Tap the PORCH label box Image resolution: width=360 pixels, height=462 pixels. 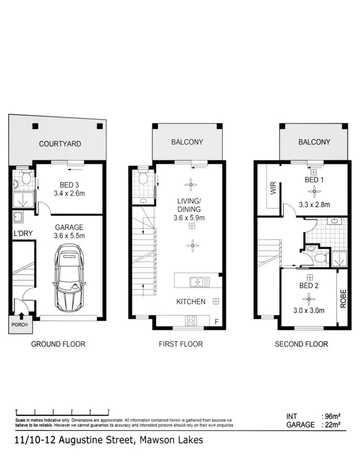tap(19, 325)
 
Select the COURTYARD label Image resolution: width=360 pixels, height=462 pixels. tap(60, 144)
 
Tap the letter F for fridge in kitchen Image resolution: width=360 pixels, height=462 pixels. tap(216, 322)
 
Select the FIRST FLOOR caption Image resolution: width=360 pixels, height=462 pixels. tap(180, 344)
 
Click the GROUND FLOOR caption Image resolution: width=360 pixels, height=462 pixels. tap(58, 344)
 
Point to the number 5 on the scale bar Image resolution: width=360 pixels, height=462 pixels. tap(109, 411)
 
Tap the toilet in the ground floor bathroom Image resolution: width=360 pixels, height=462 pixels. tap(26, 178)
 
